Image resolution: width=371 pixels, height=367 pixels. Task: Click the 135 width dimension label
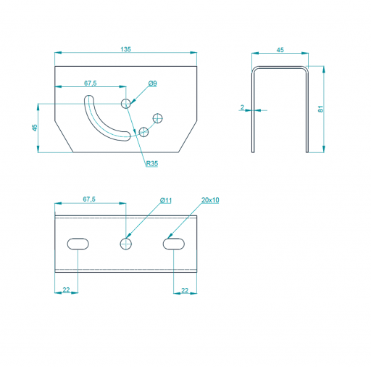point(125,49)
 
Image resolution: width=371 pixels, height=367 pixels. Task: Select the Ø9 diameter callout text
point(153,83)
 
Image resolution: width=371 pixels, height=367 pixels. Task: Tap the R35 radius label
point(152,163)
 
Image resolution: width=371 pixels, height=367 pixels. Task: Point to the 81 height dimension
point(320,109)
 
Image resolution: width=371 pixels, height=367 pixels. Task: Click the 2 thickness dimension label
point(242,107)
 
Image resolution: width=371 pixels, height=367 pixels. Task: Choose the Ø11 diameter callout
point(166,200)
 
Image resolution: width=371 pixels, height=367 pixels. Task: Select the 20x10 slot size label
point(210,200)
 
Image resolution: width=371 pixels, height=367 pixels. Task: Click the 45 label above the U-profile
point(280,50)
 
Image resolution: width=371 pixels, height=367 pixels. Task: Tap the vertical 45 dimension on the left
point(35,128)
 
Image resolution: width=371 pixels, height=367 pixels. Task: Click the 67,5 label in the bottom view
point(89,199)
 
